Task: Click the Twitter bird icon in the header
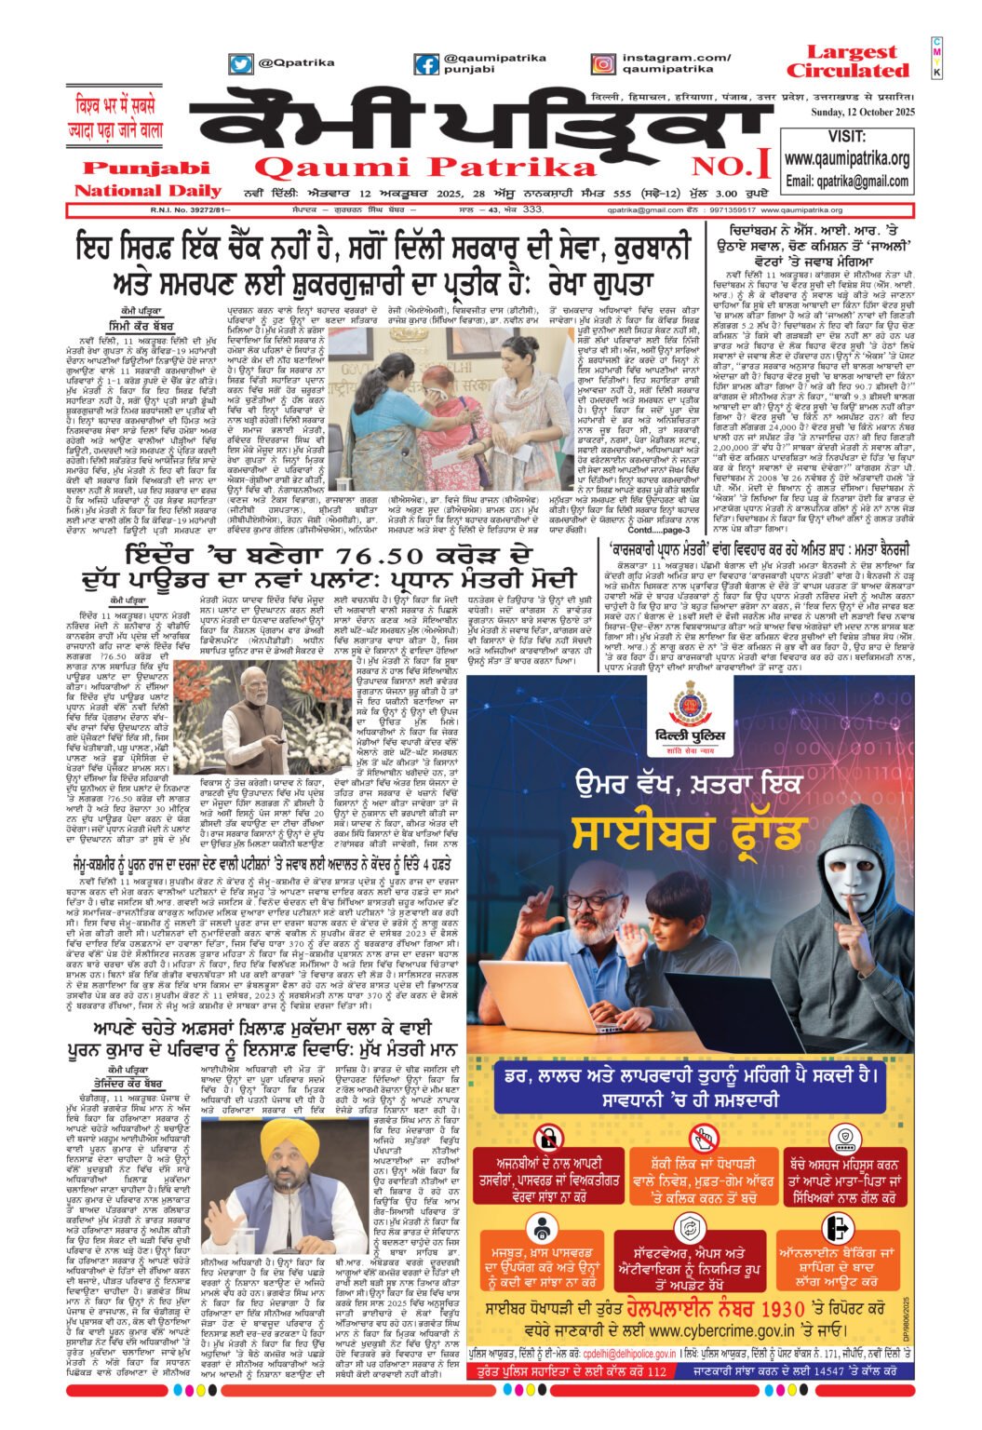[x=241, y=64]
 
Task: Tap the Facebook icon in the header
[x=427, y=64]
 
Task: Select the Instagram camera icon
[x=604, y=64]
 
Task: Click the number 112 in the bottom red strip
[x=656, y=1372]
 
